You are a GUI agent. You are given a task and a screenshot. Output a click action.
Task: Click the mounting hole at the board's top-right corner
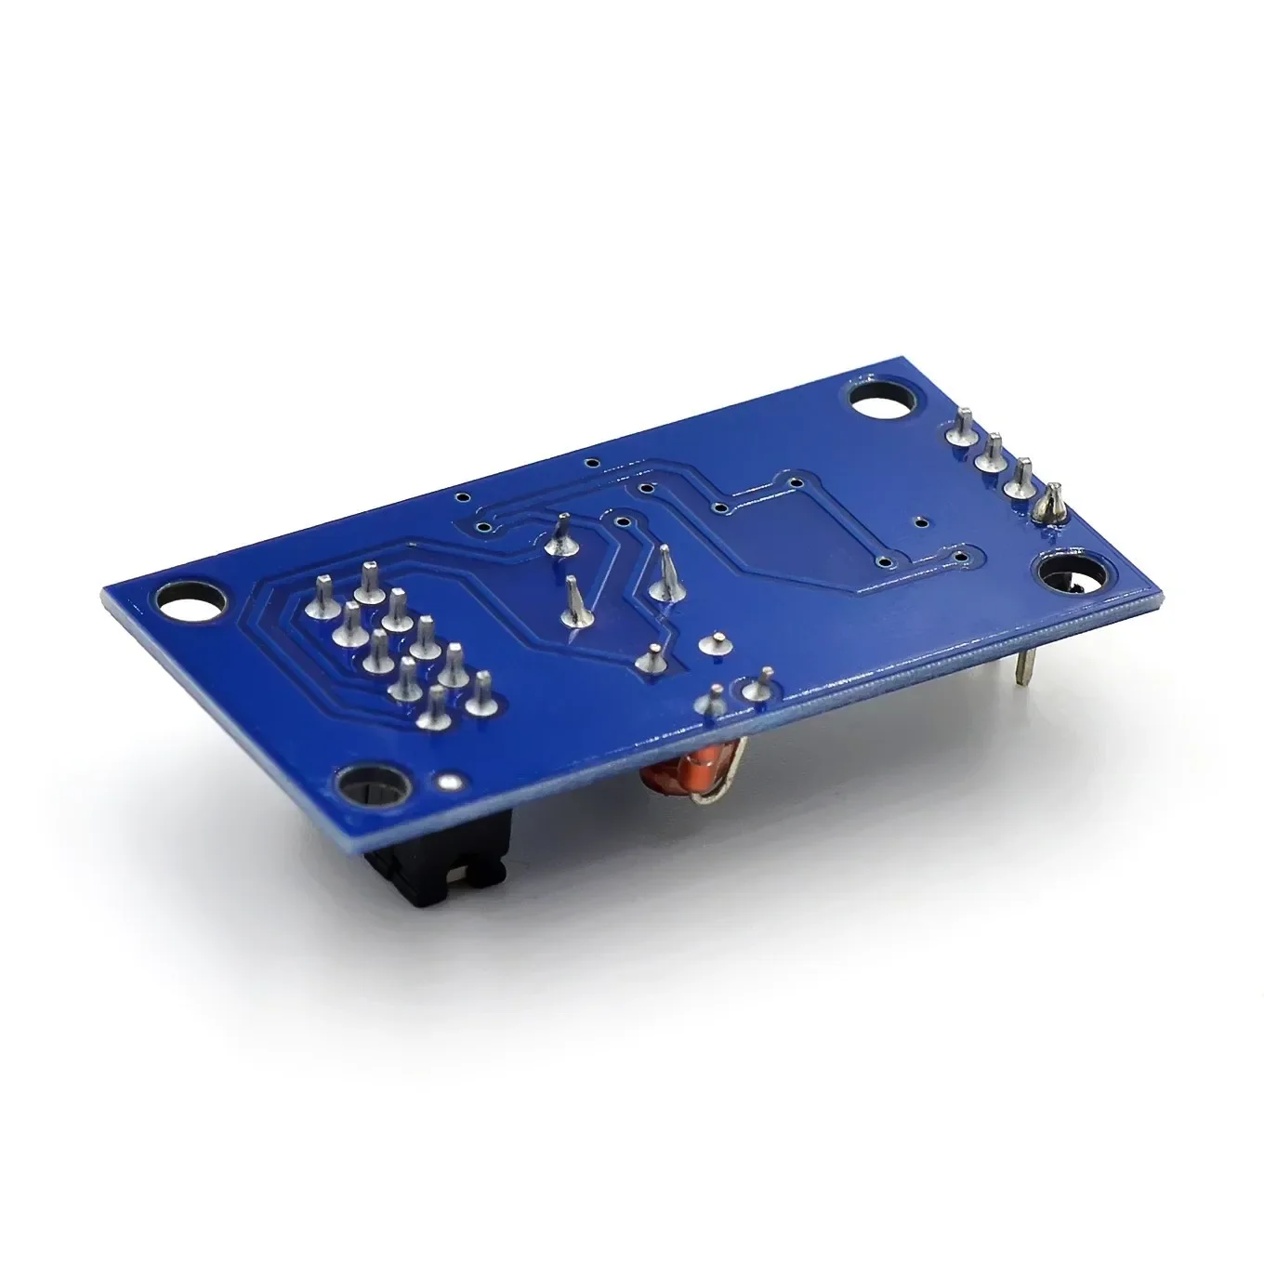876,400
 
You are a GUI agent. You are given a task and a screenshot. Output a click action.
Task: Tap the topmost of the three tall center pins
560,535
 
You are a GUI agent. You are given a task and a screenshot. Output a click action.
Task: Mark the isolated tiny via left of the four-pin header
919,522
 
